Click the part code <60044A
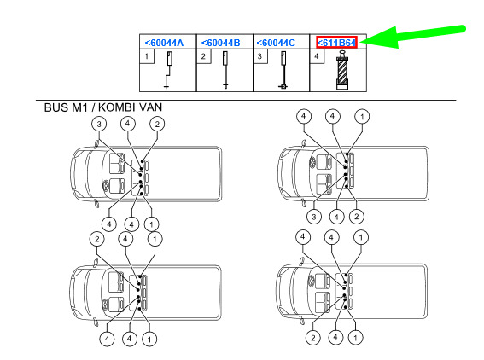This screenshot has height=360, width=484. click(164, 43)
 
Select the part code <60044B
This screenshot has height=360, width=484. click(220, 43)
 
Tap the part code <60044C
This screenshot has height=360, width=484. click(276, 43)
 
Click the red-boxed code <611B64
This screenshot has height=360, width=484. click(337, 43)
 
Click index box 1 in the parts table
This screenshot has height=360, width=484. click(147, 56)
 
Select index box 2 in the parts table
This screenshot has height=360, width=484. click(203, 56)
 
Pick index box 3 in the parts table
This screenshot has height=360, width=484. click(259, 56)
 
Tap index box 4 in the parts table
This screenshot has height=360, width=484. click(317, 56)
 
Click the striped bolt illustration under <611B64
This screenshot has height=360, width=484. click(342, 70)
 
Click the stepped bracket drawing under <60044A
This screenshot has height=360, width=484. click(167, 70)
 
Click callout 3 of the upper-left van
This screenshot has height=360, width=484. click(99, 125)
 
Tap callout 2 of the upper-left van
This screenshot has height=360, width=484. click(157, 125)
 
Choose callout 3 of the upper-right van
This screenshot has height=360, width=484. click(314, 217)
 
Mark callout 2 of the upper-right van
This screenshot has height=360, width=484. click(357, 217)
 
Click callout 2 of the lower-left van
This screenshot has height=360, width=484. click(97, 239)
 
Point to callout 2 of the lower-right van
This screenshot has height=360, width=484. click(313, 338)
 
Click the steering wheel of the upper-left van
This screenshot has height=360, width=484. click(106, 185)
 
